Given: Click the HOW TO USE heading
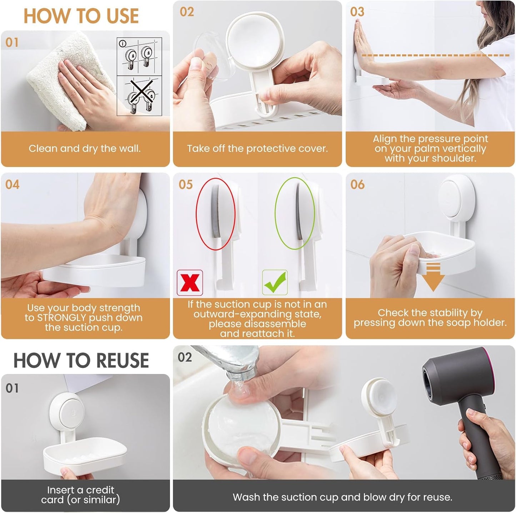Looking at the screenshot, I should [x=81, y=16].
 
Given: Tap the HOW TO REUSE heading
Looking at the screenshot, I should [x=81, y=360].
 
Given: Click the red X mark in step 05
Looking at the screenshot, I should [x=190, y=283].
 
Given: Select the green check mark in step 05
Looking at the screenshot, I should [x=275, y=283].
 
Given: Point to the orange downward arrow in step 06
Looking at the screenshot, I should [x=433, y=277].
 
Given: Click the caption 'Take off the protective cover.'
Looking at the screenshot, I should [x=257, y=149].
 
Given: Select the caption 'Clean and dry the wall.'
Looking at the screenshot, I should [x=85, y=149].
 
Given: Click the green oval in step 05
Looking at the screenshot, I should [x=295, y=214].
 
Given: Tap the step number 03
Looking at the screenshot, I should [x=357, y=12].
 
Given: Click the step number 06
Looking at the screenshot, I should [x=357, y=185].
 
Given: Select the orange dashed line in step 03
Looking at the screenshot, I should [x=436, y=55].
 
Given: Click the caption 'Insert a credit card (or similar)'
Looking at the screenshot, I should [x=81, y=495].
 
